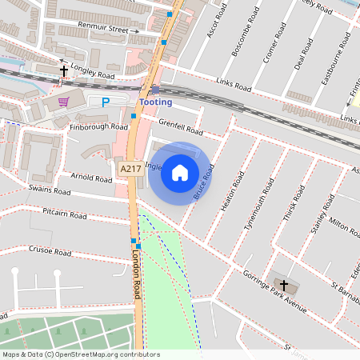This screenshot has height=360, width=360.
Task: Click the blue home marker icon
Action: pyautogui.click(x=180, y=173)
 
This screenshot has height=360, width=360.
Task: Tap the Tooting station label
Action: pyautogui.click(x=155, y=102)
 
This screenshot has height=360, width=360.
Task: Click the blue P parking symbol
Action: pyautogui.click(x=106, y=102)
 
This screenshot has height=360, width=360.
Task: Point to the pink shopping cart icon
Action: pyautogui.click(x=63, y=101)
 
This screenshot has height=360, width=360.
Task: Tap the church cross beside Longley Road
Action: pyautogui.click(x=64, y=71)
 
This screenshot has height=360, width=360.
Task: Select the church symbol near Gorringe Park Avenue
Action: pyautogui.click(x=282, y=285)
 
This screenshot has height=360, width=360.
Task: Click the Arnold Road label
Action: pyautogui.click(x=92, y=179)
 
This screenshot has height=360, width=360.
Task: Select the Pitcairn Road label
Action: pyautogui.click(x=65, y=214)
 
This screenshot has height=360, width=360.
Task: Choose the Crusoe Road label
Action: pyautogui.click(x=51, y=250)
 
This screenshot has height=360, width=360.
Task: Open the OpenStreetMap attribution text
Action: pyautogui.click(x=81, y=354)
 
